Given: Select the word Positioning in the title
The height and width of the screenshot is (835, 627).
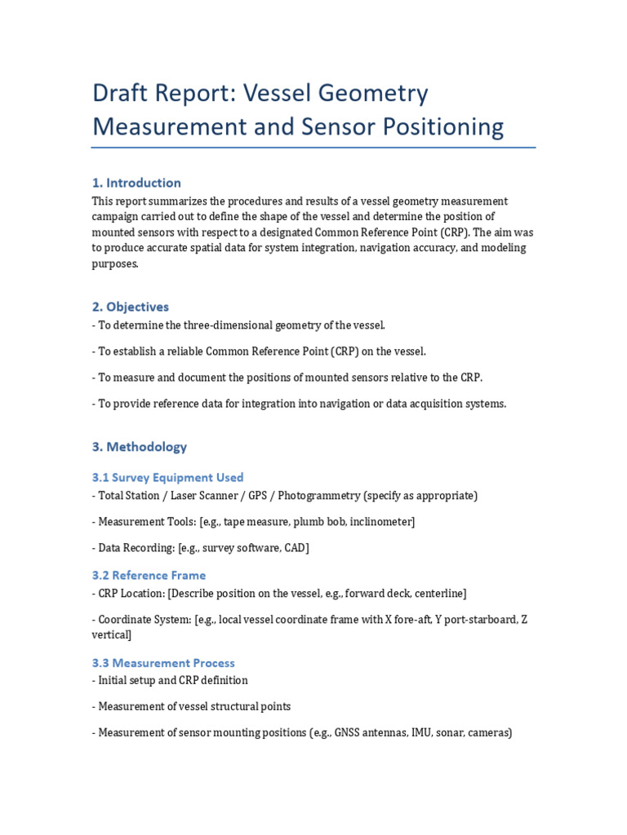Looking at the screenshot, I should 442,127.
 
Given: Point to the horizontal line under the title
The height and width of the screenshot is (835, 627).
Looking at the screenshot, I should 313,148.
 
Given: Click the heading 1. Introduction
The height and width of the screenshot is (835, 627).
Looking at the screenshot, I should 136,183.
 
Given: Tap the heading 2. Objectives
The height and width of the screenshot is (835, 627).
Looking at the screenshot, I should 131,307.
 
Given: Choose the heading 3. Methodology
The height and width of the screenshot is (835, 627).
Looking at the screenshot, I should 140,447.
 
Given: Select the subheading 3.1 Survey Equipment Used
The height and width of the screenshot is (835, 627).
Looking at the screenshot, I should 167,478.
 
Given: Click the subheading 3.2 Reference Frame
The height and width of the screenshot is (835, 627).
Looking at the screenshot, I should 149,576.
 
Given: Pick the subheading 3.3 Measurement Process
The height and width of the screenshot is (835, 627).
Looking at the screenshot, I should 163,663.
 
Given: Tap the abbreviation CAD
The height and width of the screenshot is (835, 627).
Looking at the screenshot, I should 294,548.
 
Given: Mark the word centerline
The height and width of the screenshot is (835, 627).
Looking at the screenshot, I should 438,594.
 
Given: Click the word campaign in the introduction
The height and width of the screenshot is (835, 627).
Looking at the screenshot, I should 118,217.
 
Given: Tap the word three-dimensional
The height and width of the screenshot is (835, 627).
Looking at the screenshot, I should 223,325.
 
